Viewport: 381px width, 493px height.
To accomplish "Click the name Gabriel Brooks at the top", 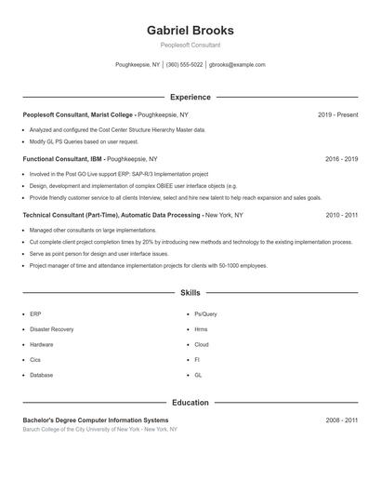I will pos(190,30).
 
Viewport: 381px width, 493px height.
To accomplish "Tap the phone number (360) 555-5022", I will pos(184,65).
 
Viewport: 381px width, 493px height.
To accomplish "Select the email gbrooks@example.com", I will pos(237,65).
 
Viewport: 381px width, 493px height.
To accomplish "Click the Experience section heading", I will pos(190,97).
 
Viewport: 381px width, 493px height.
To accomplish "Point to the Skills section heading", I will pos(190,293).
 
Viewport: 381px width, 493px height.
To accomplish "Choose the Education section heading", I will pos(190,403).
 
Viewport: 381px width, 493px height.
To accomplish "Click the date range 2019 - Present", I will pos(337,114).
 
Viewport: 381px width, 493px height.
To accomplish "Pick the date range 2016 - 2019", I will pos(341,159).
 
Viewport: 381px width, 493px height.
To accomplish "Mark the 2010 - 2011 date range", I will pos(341,215).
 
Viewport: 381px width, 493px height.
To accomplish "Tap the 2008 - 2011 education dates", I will pos(341,420).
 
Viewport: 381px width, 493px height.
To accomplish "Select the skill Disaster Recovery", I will pos(51,329).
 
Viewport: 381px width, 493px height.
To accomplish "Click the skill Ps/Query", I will pos(205,314).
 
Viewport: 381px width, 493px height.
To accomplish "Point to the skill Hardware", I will pos(42,344).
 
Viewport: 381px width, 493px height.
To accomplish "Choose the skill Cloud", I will pos(201,344).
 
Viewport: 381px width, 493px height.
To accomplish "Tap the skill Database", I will pos(42,375).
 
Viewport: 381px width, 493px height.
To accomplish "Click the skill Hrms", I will pos(201,329).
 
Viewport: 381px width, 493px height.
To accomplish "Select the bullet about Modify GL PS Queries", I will pos(84,141).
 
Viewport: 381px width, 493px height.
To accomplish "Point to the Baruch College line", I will pos(99,430).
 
